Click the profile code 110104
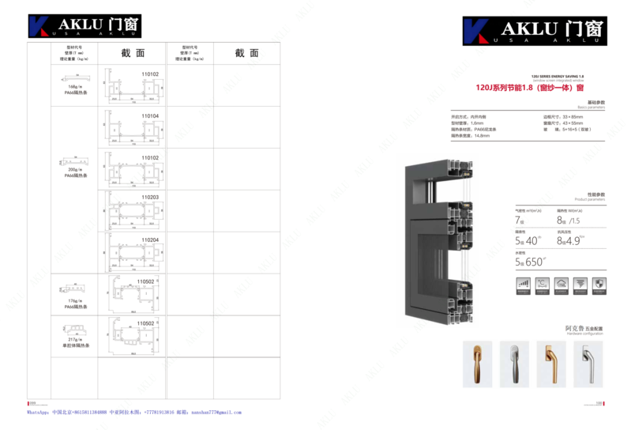point(150,115)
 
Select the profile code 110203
point(150,197)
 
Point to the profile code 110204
point(150,240)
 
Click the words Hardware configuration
point(583,333)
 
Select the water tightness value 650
point(533,261)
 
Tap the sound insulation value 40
point(533,240)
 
